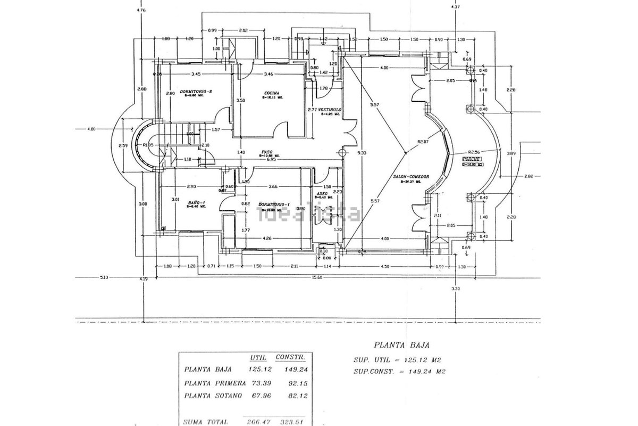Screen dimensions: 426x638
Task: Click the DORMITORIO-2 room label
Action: coord(196,91)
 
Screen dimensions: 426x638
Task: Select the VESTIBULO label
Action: coord(331,109)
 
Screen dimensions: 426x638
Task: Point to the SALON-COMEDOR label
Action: coord(411,177)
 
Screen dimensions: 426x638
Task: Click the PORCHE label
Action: coord(472,159)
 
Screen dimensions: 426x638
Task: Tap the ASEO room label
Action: coord(322,193)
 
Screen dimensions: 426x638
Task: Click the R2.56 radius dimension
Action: coord(474,151)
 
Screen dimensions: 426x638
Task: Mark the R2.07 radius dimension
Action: coord(423,142)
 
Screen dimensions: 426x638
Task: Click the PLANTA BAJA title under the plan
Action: coord(397,345)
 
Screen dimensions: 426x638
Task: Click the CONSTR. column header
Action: coord(290,356)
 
